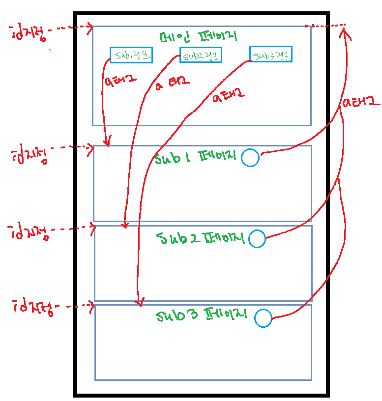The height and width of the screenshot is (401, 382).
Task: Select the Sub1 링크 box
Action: pyautogui.click(x=131, y=55)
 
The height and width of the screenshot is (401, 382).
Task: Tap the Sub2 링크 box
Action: pyautogui.click(x=201, y=55)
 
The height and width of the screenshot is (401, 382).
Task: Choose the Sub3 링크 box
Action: pyautogui.click(x=270, y=54)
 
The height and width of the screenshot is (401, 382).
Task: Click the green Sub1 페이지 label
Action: pyautogui.click(x=196, y=158)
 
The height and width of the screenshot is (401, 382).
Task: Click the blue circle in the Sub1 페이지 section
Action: pyautogui.click(x=250, y=157)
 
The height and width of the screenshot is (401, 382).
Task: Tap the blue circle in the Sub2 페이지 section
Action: pyautogui.click(x=257, y=239)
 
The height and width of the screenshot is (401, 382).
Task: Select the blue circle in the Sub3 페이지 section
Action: pyautogui.click(x=263, y=318)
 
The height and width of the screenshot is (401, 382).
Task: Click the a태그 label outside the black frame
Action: pyautogui.click(x=361, y=103)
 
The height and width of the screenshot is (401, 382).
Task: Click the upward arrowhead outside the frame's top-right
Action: pyautogui.click(x=345, y=32)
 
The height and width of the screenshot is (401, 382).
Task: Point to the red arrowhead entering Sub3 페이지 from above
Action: pyautogui.click(x=140, y=302)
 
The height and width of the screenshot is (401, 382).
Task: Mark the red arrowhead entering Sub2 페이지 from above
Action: pyautogui.click(x=125, y=225)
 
